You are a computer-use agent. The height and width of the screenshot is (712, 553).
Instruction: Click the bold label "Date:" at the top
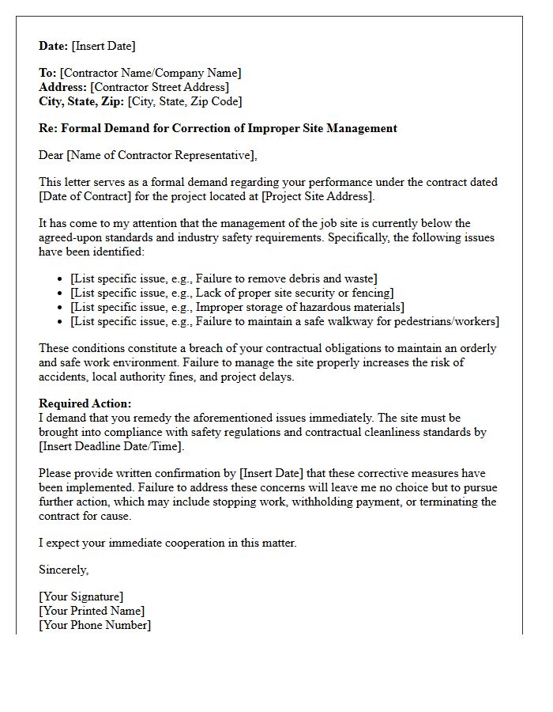pyautogui.click(x=54, y=46)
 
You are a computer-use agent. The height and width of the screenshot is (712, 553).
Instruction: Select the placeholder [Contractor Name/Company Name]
pyautogui.click(x=150, y=73)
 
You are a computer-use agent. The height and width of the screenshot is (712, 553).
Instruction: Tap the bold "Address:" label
pyautogui.click(x=63, y=87)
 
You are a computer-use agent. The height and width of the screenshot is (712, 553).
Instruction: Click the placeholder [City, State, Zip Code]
pyautogui.click(x=184, y=101)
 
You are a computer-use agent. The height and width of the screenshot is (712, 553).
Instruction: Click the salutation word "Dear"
pyautogui.click(x=52, y=155)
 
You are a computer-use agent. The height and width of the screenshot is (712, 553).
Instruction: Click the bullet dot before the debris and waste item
pyautogui.click(x=62, y=279)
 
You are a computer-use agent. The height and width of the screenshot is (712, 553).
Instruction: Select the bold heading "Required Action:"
pyautogui.click(x=85, y=403)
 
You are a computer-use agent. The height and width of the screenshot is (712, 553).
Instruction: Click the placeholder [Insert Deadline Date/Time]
pyautogui.click(x=111, y=446)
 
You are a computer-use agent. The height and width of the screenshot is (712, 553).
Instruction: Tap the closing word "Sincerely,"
pyautogui.click(x=64, y=570)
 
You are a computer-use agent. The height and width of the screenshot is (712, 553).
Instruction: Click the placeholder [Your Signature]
pyautogui.click(x=81, y=596)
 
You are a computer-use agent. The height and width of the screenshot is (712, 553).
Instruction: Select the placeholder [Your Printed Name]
pyautogui.click(x=92, y=611)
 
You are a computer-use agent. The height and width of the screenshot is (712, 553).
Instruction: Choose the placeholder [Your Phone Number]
pyautogui.click(x=95, y=625)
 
